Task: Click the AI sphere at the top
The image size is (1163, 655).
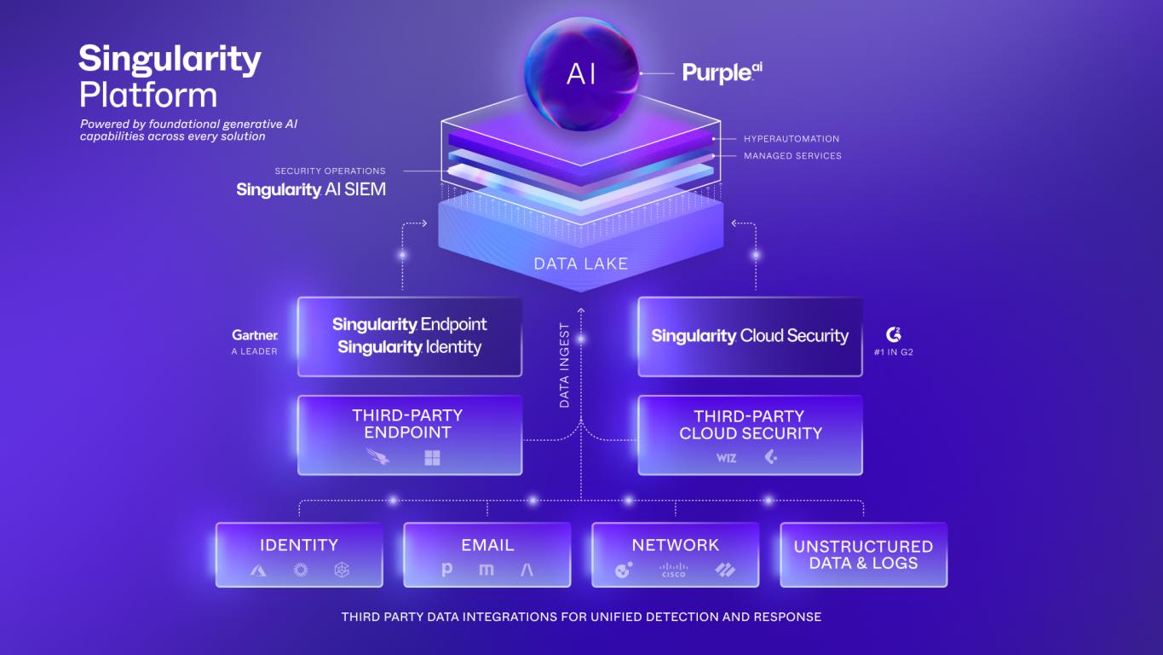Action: (x=581, y=74)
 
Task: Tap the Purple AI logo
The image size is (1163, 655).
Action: (x=723, y=72)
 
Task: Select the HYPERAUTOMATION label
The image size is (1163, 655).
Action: (x=792, y=139)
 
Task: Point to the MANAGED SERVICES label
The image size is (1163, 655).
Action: (x=792, y=155)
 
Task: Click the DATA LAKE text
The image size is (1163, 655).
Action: (x=581, y=264)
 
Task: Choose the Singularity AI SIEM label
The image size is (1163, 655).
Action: (x=311, y=189)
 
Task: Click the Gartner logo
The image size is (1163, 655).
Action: (x=255, y=335)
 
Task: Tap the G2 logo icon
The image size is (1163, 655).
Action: (x=894, y=334)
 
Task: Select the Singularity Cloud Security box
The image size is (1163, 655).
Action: (x=751, y=336)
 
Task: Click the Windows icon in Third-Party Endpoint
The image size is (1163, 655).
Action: (x=432, y=458)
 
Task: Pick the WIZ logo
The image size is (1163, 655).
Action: (x=727, y=458)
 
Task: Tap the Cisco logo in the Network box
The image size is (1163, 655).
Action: (x=674, y=570)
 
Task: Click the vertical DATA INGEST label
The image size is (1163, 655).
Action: (x=564, y=365)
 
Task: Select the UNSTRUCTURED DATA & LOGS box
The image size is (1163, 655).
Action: (x=864, y=554)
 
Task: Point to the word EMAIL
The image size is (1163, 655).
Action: (x=487, y=545)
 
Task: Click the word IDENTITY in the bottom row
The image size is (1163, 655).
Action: (x=299, y=545)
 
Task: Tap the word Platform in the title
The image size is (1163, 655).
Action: (x=148, y=96)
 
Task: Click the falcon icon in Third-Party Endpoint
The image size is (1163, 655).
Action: (x=378, y=456)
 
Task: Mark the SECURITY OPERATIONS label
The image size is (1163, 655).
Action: (x=331, y=171)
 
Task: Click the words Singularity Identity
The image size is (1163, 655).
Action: (x=410, y=347)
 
